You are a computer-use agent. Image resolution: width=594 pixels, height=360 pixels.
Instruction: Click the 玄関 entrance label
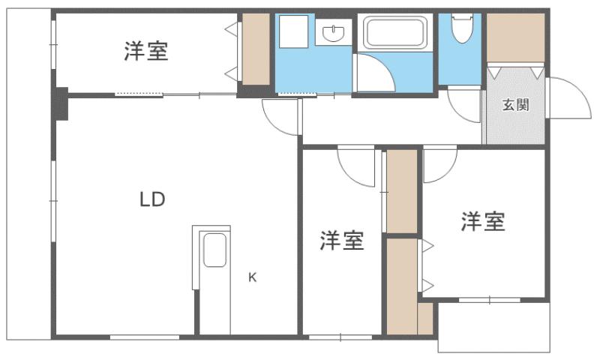pos(514,105)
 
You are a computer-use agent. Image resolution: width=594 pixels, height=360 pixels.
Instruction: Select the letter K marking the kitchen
pos(253,277)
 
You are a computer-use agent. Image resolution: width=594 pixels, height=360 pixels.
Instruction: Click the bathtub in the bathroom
pos(395,34)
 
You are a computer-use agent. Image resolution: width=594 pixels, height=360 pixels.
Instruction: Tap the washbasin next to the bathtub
pos(333,32)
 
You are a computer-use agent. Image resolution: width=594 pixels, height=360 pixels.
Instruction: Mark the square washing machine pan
pos(293,31)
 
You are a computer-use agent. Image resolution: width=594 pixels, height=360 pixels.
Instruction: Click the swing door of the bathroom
pos(373,73)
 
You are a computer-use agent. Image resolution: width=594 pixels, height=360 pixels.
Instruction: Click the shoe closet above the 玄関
pos(514,37)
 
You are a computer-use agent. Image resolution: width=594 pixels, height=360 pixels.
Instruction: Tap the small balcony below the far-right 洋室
pos(493,328)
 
